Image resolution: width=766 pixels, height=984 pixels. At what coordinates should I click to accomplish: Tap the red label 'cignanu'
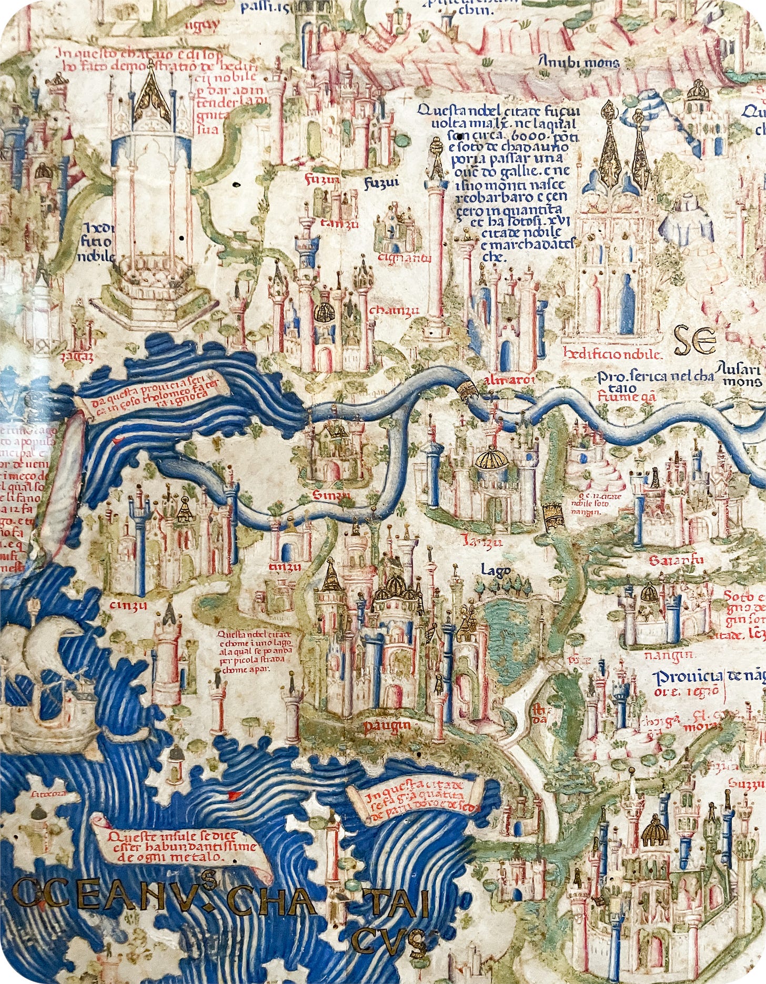(410, 258)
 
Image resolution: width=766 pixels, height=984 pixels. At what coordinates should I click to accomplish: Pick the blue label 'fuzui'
(382, 182)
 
